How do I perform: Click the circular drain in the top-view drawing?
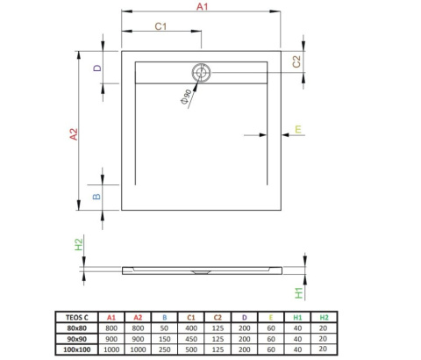201,75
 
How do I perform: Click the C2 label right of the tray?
297,61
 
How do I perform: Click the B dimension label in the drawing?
98,195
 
